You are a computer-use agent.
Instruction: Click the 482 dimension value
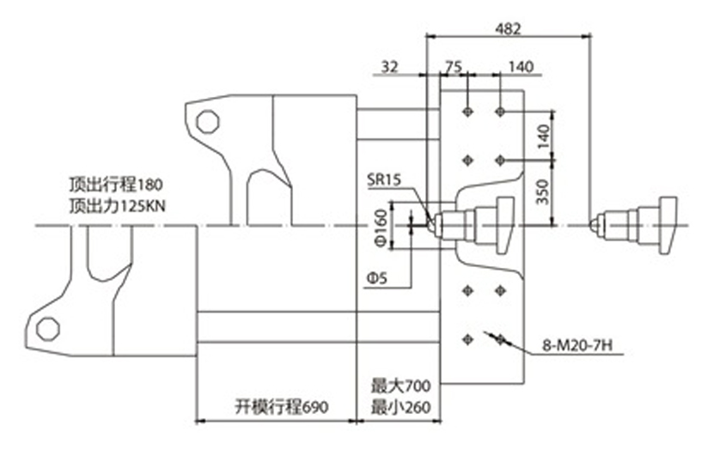pyautogui.click(x=509, y=29)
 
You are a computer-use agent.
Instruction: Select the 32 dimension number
pyautogui.click(x=390, y=67)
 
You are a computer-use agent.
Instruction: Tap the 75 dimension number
pyautogui.click(x=453, y=67)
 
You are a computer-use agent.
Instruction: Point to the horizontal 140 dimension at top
pyautogui.click(x=522, y=67)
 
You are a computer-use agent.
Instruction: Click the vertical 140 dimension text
pyautogui.click(x=543, y=137)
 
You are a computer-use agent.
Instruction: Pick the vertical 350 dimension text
pyautogui.click(x=543, y=192)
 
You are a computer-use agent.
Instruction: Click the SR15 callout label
pyautogui.click(x=384, y=179)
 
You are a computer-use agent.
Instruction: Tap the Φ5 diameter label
pyautogui.click(x=377, y=278)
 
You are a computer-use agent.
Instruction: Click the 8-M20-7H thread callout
pyautogui.click(x=577, y=345)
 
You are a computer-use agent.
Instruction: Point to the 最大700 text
pyautogui.click(x=401, y=386)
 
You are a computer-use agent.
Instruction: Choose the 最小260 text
pyautogui.click(x=401, y=407)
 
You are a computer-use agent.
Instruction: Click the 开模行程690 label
pyautogui.click(x=282, y=407)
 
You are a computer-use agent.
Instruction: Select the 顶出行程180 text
pyautogui.click(x=116, y=185)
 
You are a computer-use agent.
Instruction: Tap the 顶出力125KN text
pyautogui.click(x=117, y=206)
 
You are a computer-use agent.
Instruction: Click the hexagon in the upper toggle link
pyautogui.click(x=208, y=122)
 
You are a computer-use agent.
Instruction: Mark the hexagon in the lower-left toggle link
pyautogui.click(x=48, y=329)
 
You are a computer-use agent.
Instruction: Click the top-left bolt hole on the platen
pyautogui.click(x=468, y=112)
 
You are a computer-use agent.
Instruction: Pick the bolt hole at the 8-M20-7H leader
pyautogui.click(x=501, y=340)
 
